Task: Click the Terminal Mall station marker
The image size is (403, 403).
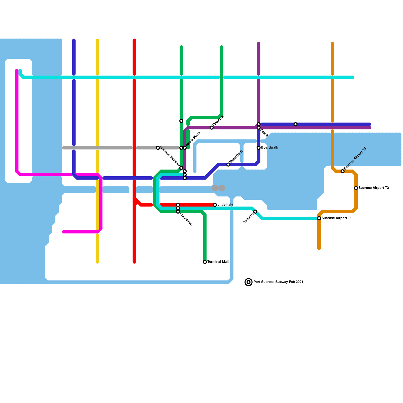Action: (x=205, y=262)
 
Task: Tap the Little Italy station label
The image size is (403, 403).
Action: (x=225, y=205)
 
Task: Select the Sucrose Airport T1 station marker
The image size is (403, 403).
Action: (x=319, y=218)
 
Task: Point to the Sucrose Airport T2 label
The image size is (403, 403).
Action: (x=374, y=188)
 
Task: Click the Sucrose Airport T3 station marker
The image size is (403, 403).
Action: (x=343, y=171)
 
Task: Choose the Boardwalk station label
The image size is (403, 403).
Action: (x=270, y=148)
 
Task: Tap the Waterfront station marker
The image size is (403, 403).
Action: (x=228, y=164)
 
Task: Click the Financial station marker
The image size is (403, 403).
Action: (x=212, y=128)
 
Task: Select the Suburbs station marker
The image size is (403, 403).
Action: (x=255, y=212)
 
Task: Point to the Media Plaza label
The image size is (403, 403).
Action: (x=193, y=139)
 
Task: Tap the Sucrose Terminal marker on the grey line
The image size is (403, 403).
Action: (x=158, y=148)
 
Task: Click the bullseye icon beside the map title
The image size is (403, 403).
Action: (x=249, y=282)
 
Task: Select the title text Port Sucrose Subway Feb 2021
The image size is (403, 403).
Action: (x=278, y=282)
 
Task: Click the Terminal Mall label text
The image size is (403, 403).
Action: (x=218, y=262)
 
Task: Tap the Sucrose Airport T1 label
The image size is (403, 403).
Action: (x=337, y=218)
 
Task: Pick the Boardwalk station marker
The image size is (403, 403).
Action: (x=258, y=148)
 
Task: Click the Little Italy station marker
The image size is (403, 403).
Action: (x=215, y=205)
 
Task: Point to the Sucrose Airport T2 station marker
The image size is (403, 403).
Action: (x=356, y=188)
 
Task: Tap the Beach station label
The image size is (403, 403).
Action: (x=264, y=133)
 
